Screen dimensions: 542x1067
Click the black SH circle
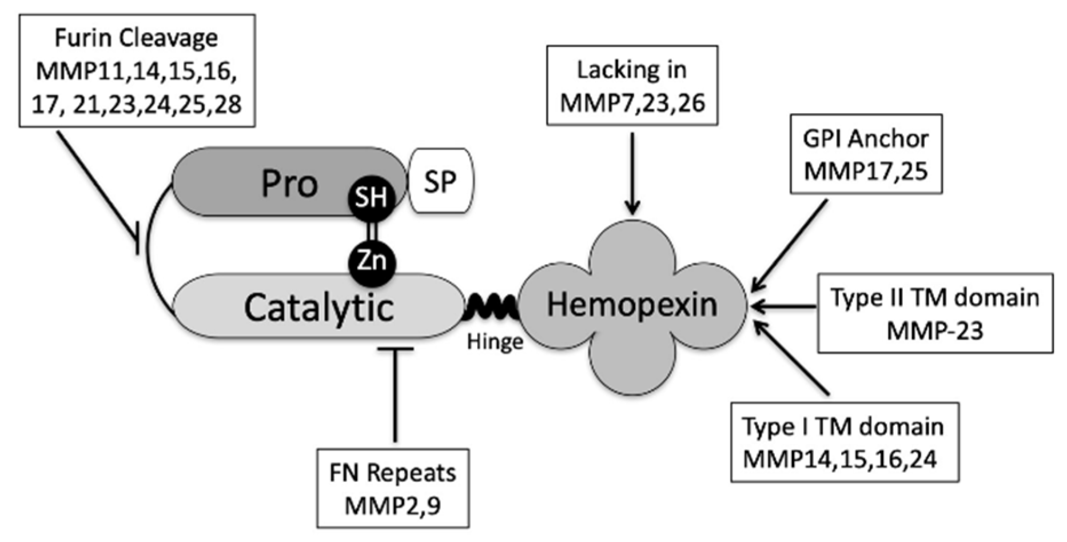click(371, 198)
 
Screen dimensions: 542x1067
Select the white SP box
click(440, 181)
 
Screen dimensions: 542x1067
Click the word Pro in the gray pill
click(289, 184)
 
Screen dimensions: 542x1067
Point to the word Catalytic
click(318, 308)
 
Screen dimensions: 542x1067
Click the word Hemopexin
click(632, 304)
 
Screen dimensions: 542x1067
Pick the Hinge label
click(495, 342)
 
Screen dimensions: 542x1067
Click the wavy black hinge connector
click(492, 309)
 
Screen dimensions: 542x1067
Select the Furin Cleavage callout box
click(137, 70)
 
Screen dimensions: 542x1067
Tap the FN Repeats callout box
click(393, 488)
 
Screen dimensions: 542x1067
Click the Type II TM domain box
click(935, 313)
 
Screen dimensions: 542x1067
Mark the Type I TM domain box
click(845, 443)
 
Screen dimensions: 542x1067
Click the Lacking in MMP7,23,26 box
click(632, 86)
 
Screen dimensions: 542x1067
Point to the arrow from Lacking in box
click(632, 172)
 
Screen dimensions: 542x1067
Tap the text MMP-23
click(935, 330)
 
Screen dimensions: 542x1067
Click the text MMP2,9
click(393, 505)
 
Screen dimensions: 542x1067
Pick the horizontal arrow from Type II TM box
click(783, 308)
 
